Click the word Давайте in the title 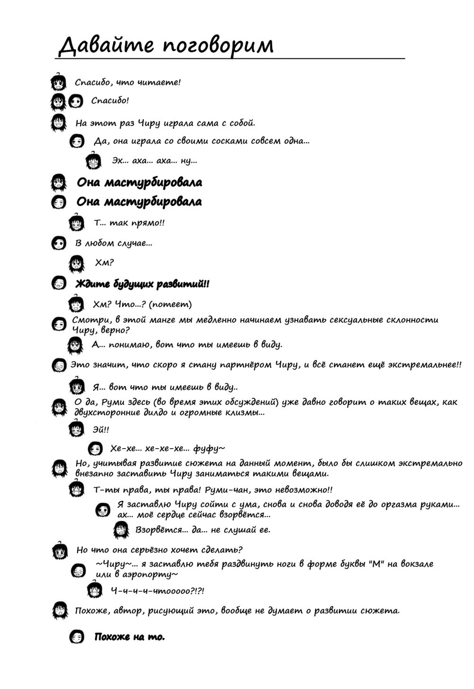click(106, 46)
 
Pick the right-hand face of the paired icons click(75, 101)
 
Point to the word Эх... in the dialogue click(119, 161)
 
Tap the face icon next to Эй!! click(76, 430)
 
